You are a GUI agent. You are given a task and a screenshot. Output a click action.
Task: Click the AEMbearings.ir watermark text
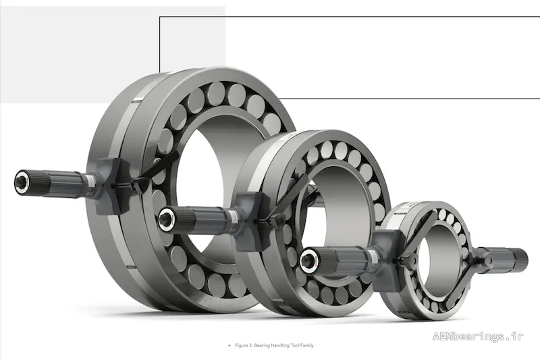pos(478,336)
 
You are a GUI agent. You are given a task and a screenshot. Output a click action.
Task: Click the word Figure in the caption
pos(241,345)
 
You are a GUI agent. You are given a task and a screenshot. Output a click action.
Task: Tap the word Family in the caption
pos(307,345)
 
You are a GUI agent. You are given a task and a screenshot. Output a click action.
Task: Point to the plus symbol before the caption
pos(230,345)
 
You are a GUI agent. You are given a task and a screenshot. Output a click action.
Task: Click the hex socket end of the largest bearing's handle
pos(22,181)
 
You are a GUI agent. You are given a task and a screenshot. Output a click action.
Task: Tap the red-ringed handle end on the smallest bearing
pos(308,261)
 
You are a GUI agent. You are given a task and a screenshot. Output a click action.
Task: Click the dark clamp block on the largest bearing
pos(109,186)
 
